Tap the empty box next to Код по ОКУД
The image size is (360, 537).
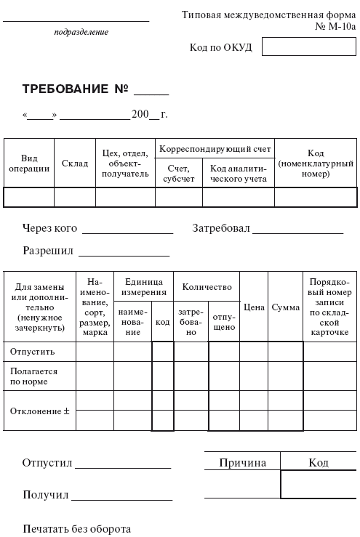[x=309, y=47]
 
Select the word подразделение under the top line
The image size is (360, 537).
[x=81, y=32]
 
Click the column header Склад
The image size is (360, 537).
[x=75, y=163]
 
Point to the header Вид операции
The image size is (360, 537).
[x=29, y=163]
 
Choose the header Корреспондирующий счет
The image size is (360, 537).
[x=215, y=149]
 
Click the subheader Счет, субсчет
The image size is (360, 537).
[x=178, y=174]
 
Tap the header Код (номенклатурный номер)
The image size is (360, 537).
[x=316, y=163]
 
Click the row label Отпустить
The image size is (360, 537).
[x=32, y=352]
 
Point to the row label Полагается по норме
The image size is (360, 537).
[x=33, y=376]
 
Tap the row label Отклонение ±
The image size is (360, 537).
[x=39, y=411]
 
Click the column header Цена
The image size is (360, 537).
[x=254, y=307]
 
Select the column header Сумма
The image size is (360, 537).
[x=285, y=307]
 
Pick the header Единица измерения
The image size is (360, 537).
[x=144, y=286]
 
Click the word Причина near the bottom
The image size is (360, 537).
[x=242, y=463]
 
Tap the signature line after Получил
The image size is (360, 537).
[x=121, y=498]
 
